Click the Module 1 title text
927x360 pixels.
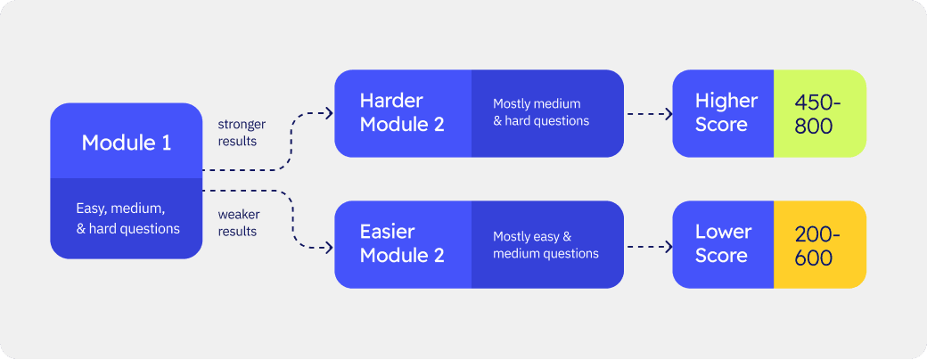(x=126, y=143)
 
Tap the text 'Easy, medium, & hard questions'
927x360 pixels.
(x=126, y=219)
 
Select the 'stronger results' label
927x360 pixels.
(x=242, y=132)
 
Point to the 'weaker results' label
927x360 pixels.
(x=238, y=223)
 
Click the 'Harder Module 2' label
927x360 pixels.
(x=402, y=113)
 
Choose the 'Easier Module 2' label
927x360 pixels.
(x=401, y=244)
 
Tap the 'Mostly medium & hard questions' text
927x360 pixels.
(x=541, y=112)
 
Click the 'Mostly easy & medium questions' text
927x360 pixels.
(x=545, y=245)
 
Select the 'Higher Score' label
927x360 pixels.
(x=726, y=113)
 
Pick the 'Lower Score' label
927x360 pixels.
(x=723, y=244)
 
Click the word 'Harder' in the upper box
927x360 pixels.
(x=391, y=101)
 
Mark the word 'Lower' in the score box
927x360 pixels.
(x=723, y=233)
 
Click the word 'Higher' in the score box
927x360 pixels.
(x=726, y=101)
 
